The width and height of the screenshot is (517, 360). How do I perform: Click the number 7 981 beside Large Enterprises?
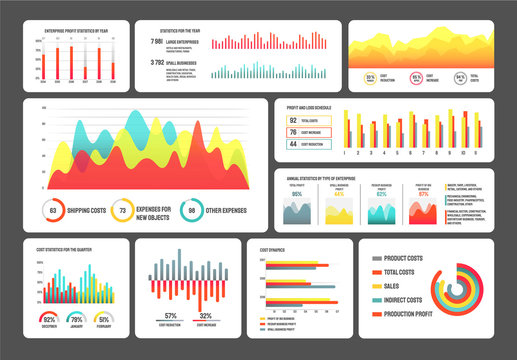click(156, 42)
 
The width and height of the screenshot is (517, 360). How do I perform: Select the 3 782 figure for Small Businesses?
click(156, 62)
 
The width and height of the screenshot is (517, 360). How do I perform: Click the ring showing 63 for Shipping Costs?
click(52, 210)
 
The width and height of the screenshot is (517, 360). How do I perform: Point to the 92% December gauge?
click(50, 319)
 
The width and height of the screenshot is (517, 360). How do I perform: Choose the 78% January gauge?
click(75, 319)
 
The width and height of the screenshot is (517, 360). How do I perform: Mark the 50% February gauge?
click(103, 319)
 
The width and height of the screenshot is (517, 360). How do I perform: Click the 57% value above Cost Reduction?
click(172, 316)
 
